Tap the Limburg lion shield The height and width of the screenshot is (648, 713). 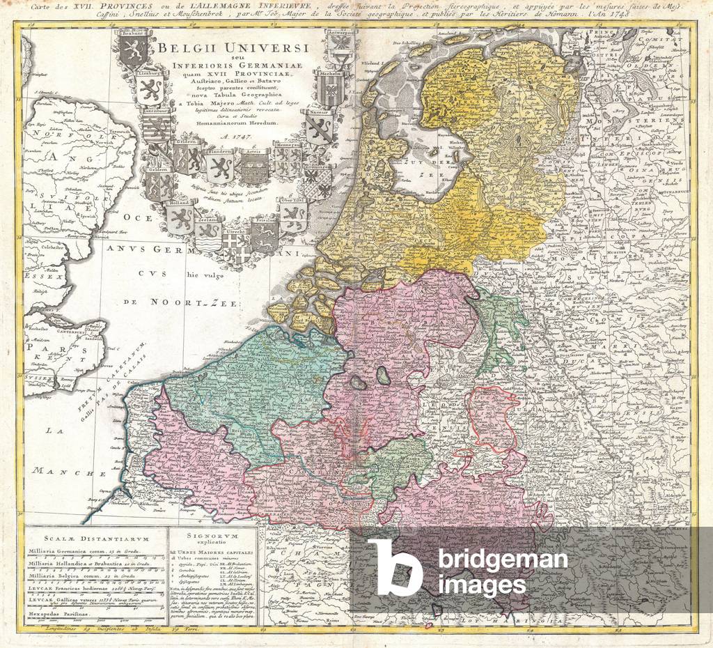150,89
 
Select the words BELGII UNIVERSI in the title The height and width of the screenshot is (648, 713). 233,49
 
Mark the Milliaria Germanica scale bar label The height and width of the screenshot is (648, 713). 77,552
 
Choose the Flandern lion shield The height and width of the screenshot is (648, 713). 219,165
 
